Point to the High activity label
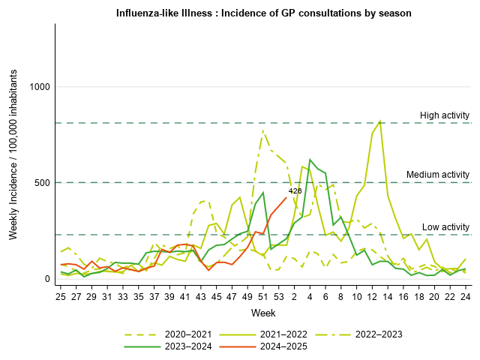click(x=444, y=115)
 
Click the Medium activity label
click(x=437, y=175)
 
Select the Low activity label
click(x=445, y=227)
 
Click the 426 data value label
click(x=295, y=191)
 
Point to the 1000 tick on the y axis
click(x=39, y=87)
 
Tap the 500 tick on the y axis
click(x=42, y=183)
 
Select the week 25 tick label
click(x=61, y=297)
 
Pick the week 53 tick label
click(x=279, y=297)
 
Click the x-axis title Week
click(x=263, y=312)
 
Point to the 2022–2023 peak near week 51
click(x=263, y=130)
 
